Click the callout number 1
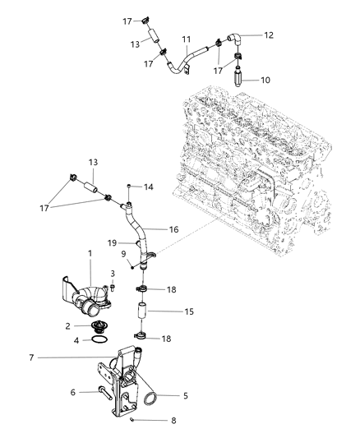(90, 254)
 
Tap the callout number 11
(187, 39)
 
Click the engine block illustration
(255, 164)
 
